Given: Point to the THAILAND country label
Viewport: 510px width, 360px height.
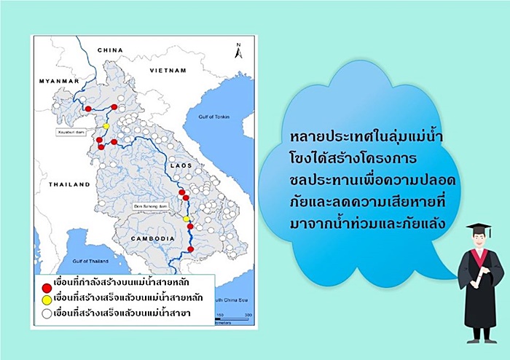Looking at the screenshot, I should click(68, 185).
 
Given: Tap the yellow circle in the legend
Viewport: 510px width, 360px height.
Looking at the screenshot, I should click(45, 297).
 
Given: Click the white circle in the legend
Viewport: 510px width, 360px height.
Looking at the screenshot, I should click(45, 313).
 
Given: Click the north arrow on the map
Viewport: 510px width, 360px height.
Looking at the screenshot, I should click(237, 50).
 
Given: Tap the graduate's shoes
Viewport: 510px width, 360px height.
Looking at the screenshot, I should click(482, 337).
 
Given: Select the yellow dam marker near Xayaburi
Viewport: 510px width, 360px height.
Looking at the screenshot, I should click(106, 126).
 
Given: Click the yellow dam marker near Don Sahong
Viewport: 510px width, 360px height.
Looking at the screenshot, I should click(186, 219).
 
